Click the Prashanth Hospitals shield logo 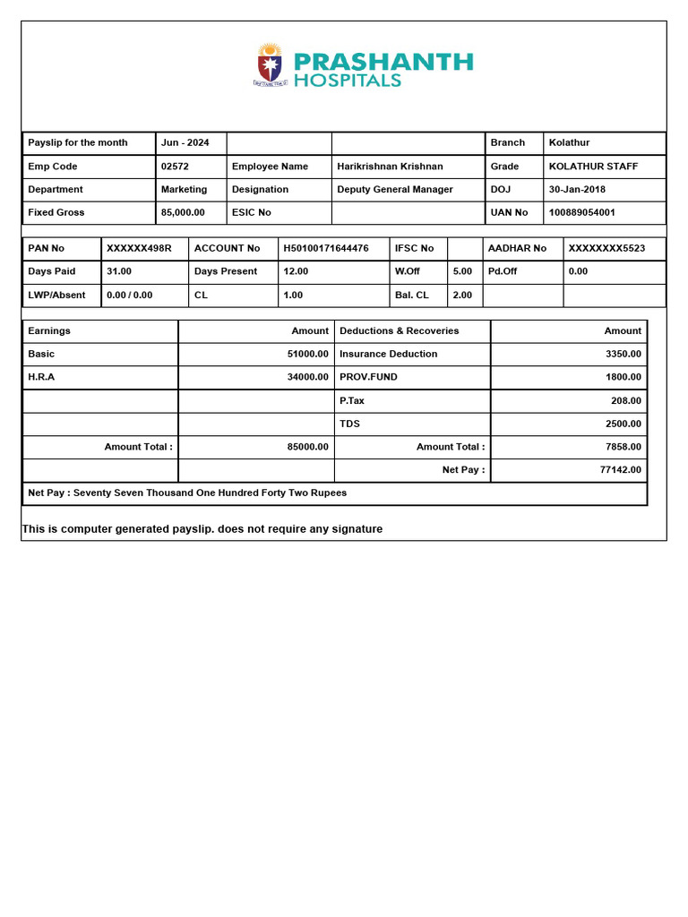[270, 64]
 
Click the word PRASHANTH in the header [383, 62]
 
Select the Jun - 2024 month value [185, 143]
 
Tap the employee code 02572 [175, 167]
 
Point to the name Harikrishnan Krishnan [390, 167]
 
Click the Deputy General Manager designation [395, 190]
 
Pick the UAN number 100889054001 [581, 213]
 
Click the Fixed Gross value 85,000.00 [183, 213]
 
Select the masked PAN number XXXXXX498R [139, 248]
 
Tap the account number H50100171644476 [326, 248]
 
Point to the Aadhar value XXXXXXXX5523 [606, 248]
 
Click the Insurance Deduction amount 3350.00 [623, 354]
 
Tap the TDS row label [349, 424]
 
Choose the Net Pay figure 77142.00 [620, 470]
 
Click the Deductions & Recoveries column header [399, 331]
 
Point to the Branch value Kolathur [569, 143]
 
